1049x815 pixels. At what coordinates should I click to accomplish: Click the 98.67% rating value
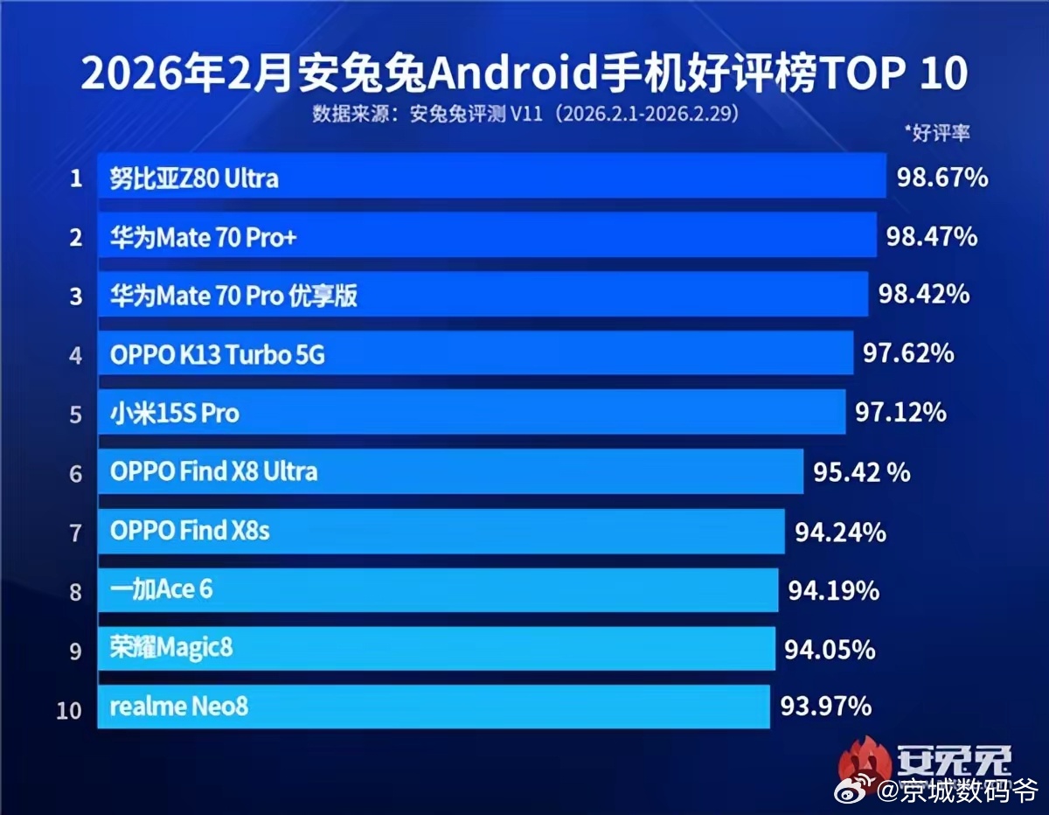pyautogui.click(x=942, y=178)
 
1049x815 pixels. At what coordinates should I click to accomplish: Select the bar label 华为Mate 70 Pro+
pyautogui.click(x=204, y=238)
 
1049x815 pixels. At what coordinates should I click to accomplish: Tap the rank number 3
pyautogui.click(x=76, y=297)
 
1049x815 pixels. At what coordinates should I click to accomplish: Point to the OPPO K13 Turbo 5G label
pyautogui.click(x=218, y=356)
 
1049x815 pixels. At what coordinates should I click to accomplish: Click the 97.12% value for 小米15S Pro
pyautogui.click(x=900, y=412)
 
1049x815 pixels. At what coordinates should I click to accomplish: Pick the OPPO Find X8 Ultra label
pyautogui.click(x=214, y=472)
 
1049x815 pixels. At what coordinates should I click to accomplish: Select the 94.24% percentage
pyautogui.click(x=840, y=532)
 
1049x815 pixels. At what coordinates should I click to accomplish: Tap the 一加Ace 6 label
pyautogui.click(x=162, y=589)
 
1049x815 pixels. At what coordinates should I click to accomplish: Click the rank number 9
pyautogui.click(x=76, y=651)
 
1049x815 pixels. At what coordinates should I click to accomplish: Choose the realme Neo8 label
pyautogui.click(x=179, y=707)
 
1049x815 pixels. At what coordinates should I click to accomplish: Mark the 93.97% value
pyautogui.click(x=825, y=705)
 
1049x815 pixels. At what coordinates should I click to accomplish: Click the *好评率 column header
pyautogui.click(x=937, y=133)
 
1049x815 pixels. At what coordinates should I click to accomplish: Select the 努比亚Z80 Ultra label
pyautogui.click(x=194, y=179)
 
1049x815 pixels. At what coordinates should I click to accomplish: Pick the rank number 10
pyautogui.click(x=69, y=710)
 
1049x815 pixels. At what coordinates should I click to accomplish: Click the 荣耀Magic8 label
pyautogui.click(x=172, y=648)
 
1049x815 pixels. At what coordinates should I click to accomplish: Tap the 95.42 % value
pyautogui.click(x=862, y=472)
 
